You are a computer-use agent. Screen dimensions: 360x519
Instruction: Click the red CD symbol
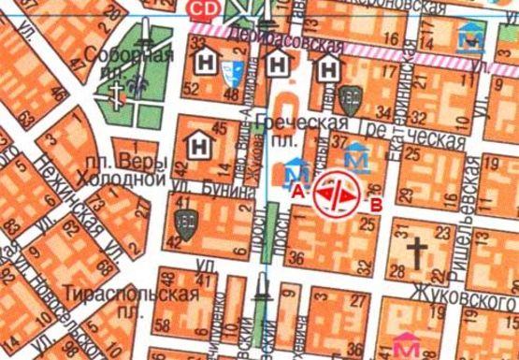200,9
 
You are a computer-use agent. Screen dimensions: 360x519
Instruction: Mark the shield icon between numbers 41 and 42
183,223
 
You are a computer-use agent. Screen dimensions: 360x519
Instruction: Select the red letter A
297,190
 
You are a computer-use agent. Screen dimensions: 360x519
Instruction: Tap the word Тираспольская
131,295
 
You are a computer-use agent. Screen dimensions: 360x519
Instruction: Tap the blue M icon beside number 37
356,155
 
